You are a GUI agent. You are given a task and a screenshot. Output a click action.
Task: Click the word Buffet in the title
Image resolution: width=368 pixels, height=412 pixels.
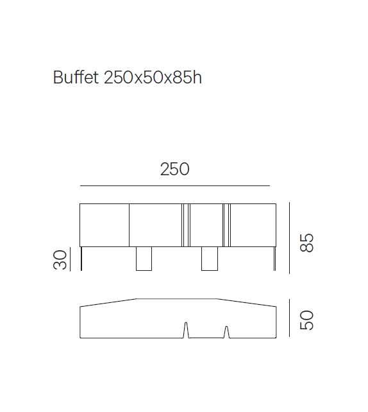pyautogui.click(x=76, y=78)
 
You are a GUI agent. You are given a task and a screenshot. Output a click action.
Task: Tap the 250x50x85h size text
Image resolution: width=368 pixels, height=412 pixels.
pyautogui.click(x=153, y=78)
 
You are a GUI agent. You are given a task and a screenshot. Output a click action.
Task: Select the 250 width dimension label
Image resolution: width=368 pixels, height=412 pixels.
pyautogui.click(x=174, y=169)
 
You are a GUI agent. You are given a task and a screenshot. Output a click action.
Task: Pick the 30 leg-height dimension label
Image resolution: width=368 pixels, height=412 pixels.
pyautogui.click(x=61, y=259)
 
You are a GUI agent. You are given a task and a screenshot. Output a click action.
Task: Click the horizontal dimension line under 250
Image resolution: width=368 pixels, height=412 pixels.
pyautogui.click(x=174, y=186)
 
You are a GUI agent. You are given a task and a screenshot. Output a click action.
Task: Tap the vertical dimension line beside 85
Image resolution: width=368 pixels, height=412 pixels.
pyautogui.click(x=289, y=237)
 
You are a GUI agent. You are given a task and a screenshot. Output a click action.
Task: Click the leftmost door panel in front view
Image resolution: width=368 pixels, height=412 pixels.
pyautogui.click(x=105, y=224)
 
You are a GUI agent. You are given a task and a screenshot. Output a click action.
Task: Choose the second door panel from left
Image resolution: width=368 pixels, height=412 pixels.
pyautogui.click(x=156, y=224)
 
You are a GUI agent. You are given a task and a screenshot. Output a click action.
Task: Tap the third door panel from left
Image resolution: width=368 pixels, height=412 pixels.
pyautogui.click(x=206, y=224)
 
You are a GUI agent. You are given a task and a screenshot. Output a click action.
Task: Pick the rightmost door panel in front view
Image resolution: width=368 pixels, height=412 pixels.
pyautogui.click(x=253, y=224)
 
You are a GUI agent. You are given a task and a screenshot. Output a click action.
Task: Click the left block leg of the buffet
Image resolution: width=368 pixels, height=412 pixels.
pyautogui.click(x=144, y=258)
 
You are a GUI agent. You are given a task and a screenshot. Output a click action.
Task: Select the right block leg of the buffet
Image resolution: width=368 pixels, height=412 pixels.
pyautogui.click(x=210, y=258)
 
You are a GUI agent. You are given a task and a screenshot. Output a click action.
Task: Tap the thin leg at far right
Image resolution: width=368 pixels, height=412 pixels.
pyautogui.click(x=274, y=258)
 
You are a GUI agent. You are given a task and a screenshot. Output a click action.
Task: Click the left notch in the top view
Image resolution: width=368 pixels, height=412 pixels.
pyautogui.click(x=186, y=330)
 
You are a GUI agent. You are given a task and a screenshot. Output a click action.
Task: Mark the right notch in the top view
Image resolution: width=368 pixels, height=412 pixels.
pyautogui.click(x=226, y=332)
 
